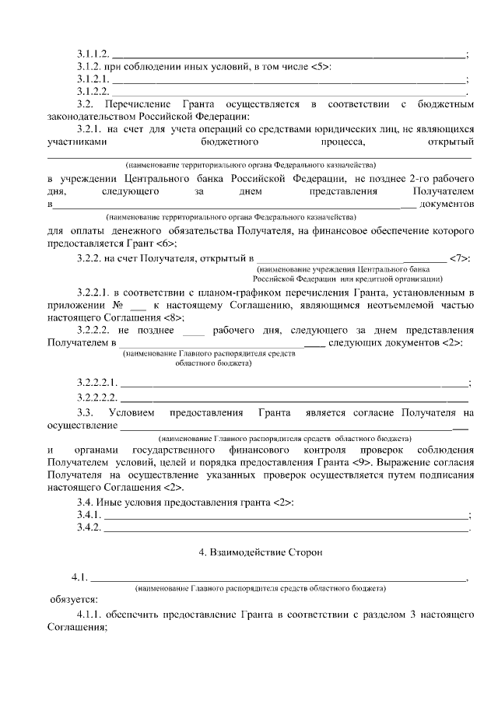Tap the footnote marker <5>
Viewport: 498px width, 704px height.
coord(320,67)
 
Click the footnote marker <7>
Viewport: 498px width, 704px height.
coord(460,257)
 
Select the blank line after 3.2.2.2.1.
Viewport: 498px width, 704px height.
coord(295,382)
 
